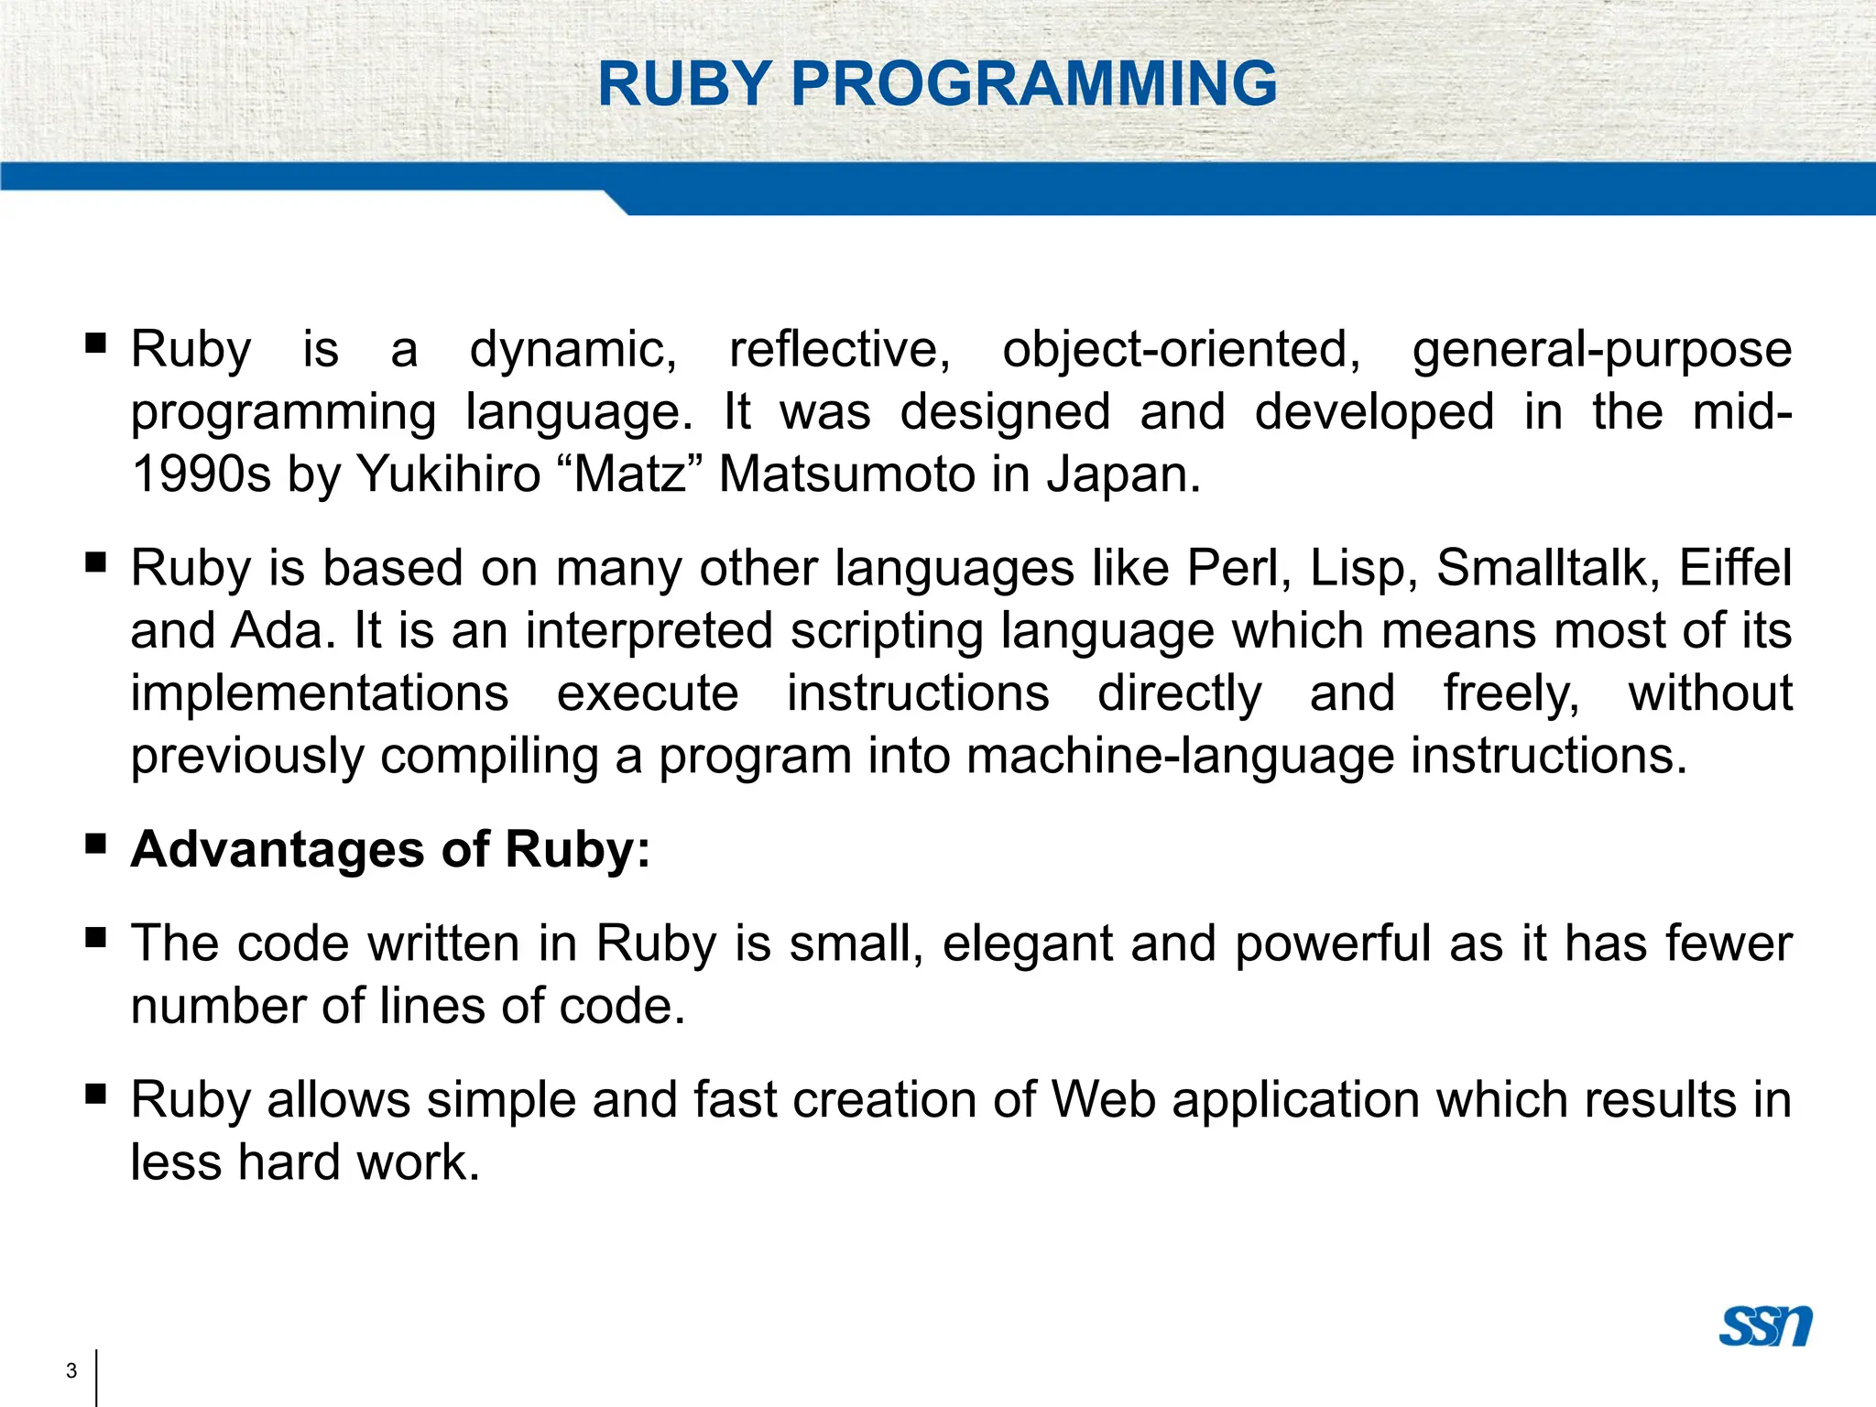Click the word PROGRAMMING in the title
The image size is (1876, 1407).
pyautogui.click(x=1033, y=84)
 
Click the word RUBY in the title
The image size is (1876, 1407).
pyautogui.click(x=683, y=84)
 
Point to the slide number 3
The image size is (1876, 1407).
pyautogui.click(x=71, y=1371)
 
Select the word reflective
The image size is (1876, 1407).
pyautogui.click(x=839, y=350)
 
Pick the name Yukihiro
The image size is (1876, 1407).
pyautogui.click(x=449, y=475)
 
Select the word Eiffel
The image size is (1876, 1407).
pyautogui.click(x=1735, y=568)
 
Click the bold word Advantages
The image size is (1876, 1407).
pyautogui.click(x=278, y=850)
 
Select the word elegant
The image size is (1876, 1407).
pyautogui.click(x=1027, y=944)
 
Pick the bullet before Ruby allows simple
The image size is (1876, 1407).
pyautogui.click(x=95, y=1093)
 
